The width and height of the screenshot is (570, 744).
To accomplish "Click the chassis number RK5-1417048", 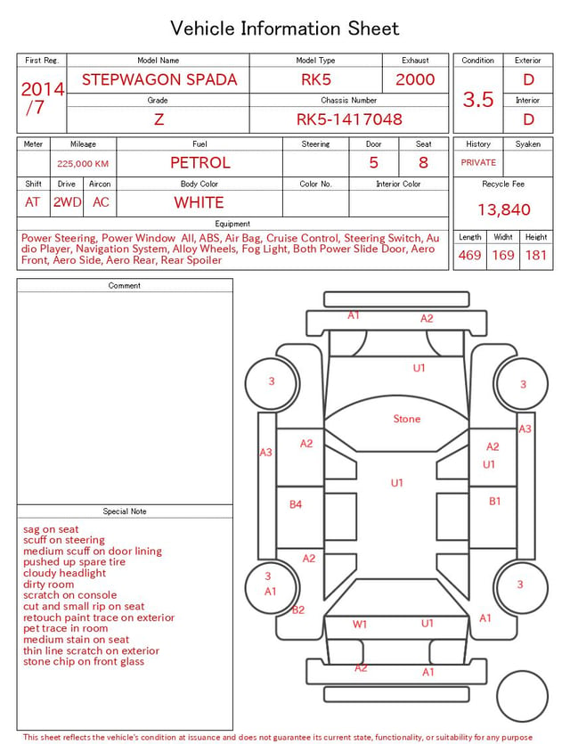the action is (349, 119).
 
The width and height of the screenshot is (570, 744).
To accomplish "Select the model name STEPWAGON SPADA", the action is (159, 79).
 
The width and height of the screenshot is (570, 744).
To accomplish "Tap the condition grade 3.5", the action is (478, 99).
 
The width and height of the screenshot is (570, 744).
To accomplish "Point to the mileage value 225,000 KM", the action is (83, 164).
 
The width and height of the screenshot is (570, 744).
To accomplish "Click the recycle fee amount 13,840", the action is (503, 209).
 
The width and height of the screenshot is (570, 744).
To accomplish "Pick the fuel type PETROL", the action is (200, 163).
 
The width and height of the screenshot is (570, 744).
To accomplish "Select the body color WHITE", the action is (199, 202).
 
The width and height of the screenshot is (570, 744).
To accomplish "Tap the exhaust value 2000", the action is (415, 79).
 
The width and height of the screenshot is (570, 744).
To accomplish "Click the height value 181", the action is (536, 255).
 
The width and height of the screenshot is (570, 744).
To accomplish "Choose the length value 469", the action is (470, 255).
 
